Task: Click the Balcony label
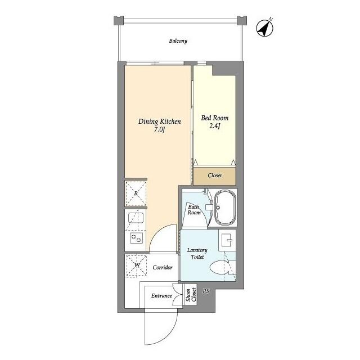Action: [x=178, y=41]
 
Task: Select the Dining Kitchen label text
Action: [x=160, y=121]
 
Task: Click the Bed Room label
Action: [x=215, y=119]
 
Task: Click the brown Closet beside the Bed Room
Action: [x=214, y=175]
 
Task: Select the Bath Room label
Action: [x=194, y=210]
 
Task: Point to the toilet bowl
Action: [x=227, y=269]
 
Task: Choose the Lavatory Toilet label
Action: [x=197, y=254]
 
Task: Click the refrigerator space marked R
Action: [x=136, y=194]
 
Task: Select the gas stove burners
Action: [x=135, y=239]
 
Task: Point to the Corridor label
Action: [x=162, y=267]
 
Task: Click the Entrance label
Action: [x=161, y=296]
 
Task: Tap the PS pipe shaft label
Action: [x=206, y=291]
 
